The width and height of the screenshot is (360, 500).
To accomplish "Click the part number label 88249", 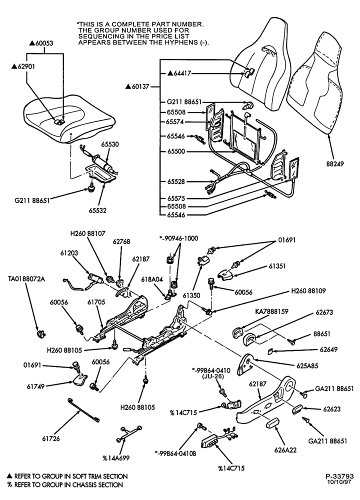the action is click(x=335, y=164).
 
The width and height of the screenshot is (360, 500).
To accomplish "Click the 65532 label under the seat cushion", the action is click(x=97, y=210).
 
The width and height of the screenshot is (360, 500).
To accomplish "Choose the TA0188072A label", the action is click(x=26, y=279).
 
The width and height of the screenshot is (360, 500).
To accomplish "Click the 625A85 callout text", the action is click(x=307, y=366).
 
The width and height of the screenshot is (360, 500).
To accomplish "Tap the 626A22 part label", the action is click(x=285, y=450).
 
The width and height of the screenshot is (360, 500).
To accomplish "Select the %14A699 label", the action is click(x=116, y=458).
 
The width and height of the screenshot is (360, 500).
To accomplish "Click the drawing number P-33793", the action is click(x=339, y=476).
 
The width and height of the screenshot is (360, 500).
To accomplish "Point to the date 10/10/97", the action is click(x=339, y=482).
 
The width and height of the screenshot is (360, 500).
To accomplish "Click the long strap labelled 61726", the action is click(x=83, y=410).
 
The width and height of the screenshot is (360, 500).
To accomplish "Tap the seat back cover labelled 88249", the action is click(x=314, y=85).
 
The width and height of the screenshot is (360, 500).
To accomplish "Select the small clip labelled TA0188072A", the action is click(x=40, y=334).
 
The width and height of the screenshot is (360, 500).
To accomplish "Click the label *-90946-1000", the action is click(x=178, y=238).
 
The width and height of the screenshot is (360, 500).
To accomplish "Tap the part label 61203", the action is click(x=69, y=253).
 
